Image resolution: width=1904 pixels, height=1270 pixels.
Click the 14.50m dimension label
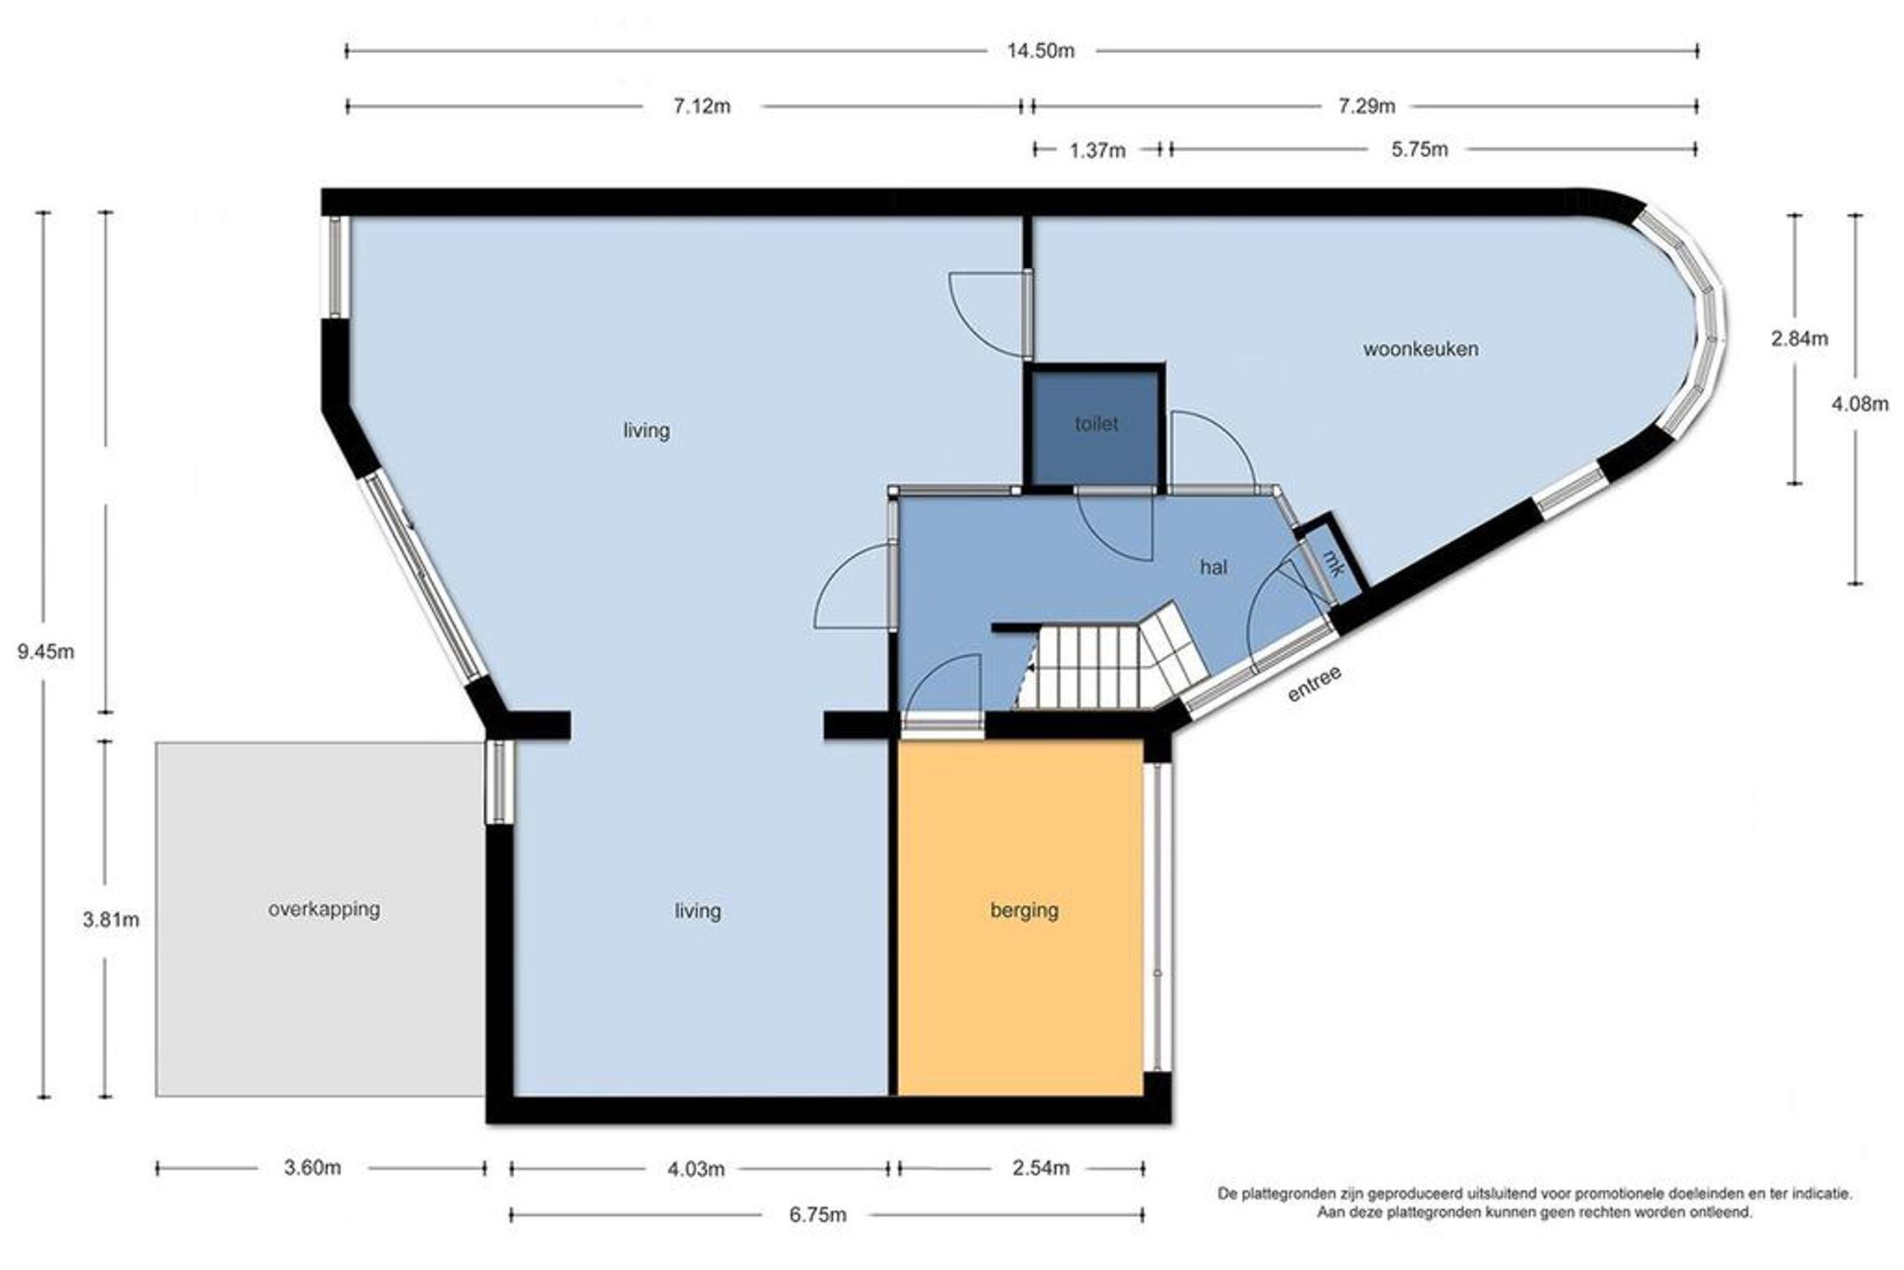(x=1040, y=51)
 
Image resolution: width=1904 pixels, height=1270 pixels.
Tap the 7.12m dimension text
(x=702, y=107)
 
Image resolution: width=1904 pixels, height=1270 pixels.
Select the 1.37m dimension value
(x=1097, y=151)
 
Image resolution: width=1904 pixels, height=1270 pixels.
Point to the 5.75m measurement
(x=1419, y=150)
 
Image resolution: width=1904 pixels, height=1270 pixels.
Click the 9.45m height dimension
(x=46, y=652)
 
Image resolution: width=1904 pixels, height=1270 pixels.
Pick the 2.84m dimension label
(x=1800, y=338)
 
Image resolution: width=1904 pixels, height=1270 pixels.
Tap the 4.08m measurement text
(x=1860, y=405)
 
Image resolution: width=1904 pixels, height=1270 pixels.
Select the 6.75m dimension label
(x=817, y=1215)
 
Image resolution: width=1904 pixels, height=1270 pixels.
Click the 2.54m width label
(x=1040, y=1169)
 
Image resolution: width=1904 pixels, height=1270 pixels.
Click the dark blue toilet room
(x=1096, y=428)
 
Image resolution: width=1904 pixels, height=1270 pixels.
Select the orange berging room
(x=1020, y=917)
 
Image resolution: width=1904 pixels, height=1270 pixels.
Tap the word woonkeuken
(x=1420, y=349)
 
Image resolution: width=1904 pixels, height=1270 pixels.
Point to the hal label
(x=1213, y=568)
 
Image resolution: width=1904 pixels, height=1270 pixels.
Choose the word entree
(x=1314, y=684)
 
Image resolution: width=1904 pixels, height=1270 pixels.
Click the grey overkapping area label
(x=324, y=909)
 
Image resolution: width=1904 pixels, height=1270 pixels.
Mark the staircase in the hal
(x=1112, y=659)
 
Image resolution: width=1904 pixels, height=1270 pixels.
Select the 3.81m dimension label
(x=111, y=920)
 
